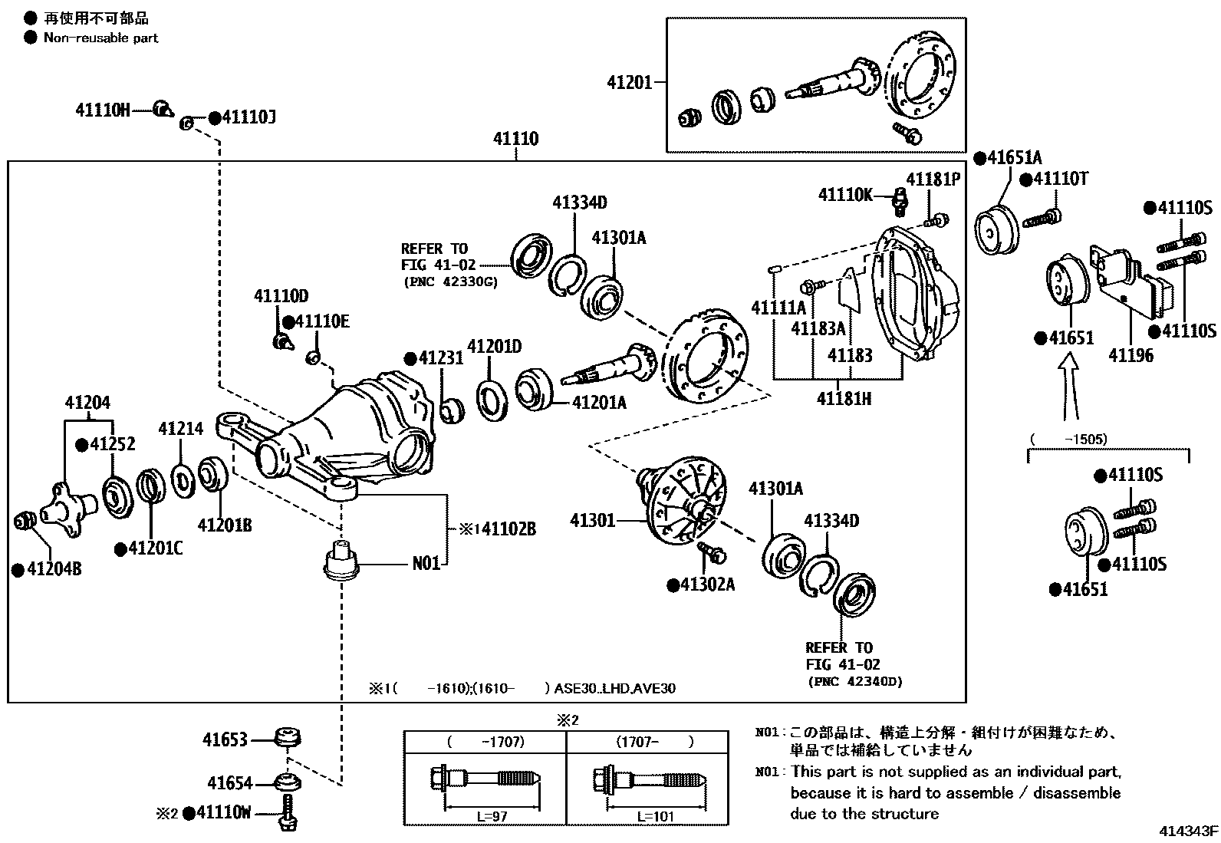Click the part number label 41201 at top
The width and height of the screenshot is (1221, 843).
[x=629, y=82]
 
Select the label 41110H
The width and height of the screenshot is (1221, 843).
[x=103, y=110]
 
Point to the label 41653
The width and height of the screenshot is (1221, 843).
[x=225, y=739]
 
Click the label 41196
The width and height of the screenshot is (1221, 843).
[x=1130, y=355]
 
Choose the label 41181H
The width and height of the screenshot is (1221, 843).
[x=844, y=399]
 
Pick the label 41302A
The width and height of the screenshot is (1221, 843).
[x=707, y=585]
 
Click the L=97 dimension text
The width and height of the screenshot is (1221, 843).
[x=492, y=816]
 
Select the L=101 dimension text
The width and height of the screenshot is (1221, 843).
[x=655, y=816]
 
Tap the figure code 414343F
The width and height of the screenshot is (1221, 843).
[x=1188, y=831]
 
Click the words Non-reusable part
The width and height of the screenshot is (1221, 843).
[x=100, y=38]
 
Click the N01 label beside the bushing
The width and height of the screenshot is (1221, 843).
[x=426, y=564]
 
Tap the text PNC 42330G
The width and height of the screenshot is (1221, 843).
[x=450, y=282]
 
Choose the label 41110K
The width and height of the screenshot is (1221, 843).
[x=845, y=195]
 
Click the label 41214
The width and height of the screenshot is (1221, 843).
[x=181, y=429]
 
